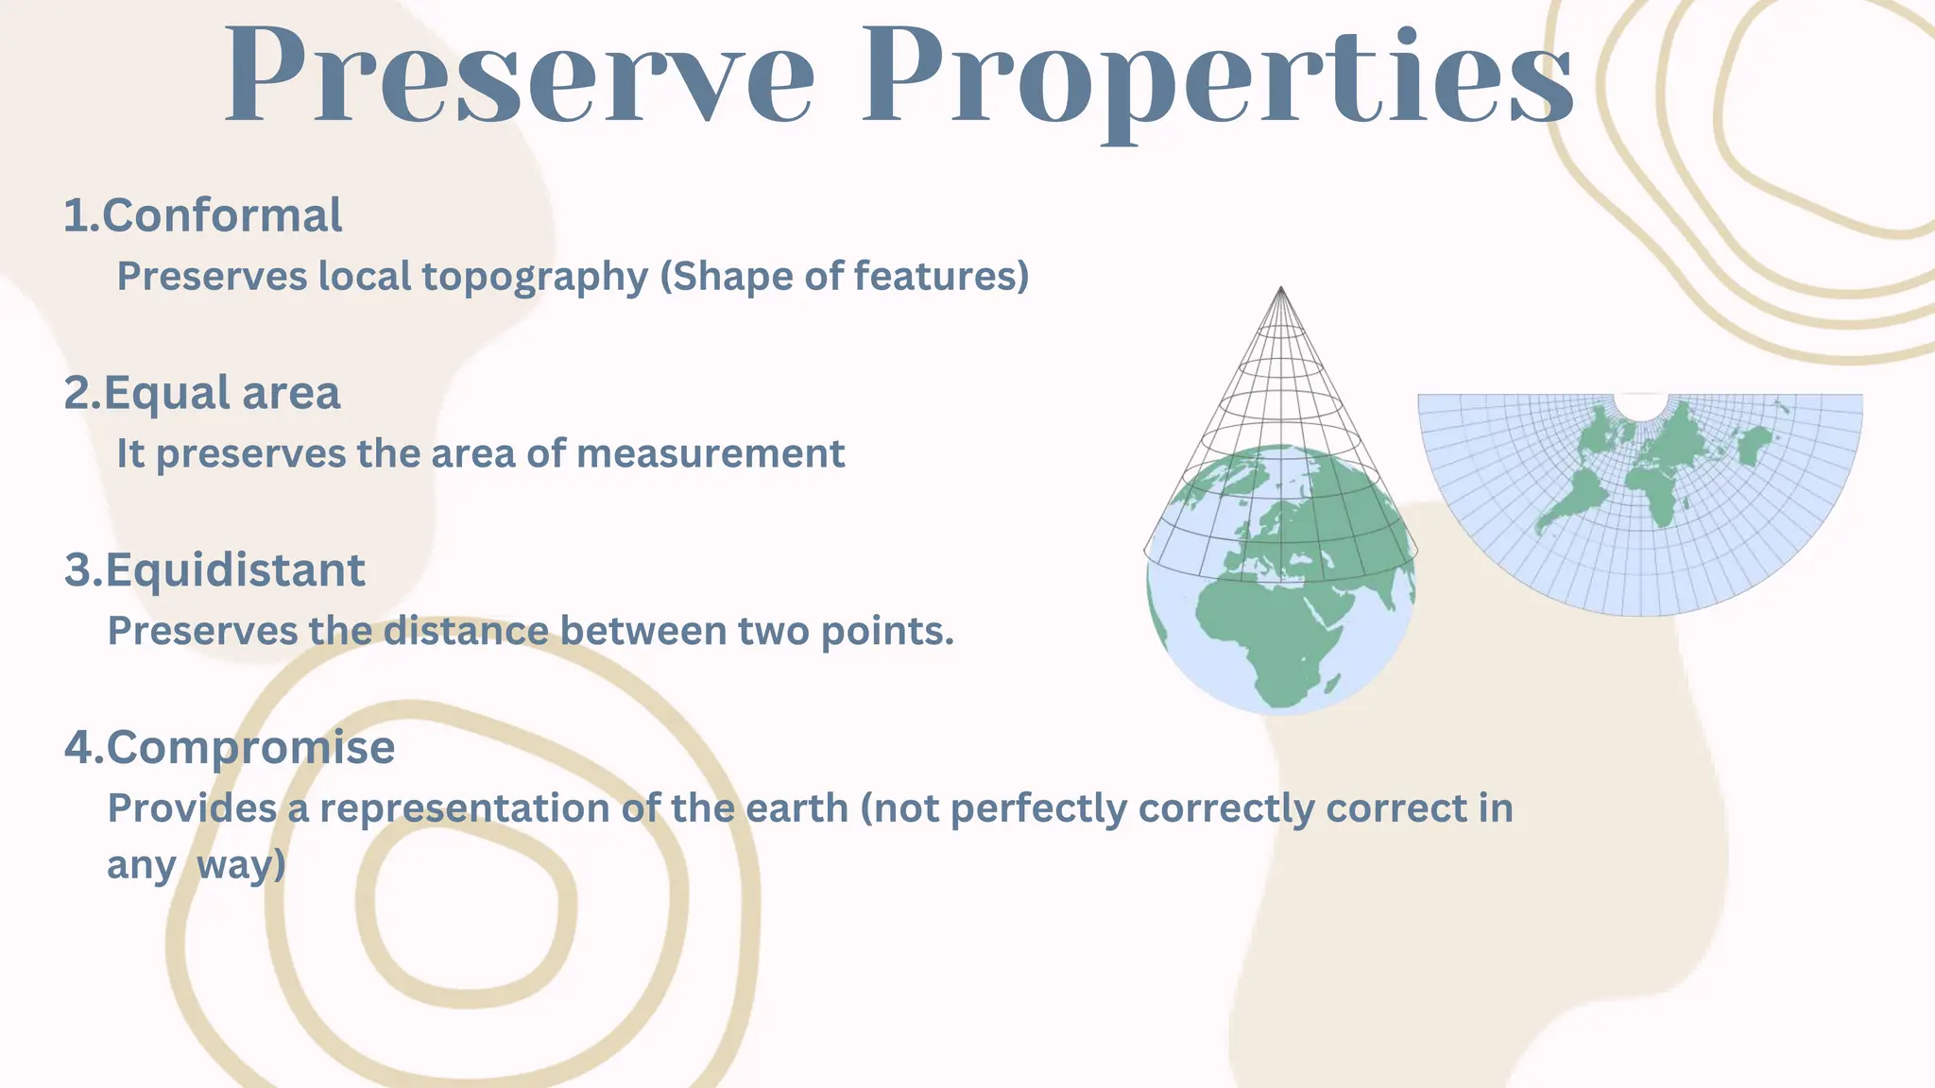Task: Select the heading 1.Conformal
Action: [x=203, y=216]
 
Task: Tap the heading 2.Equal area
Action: [x=202, y=394]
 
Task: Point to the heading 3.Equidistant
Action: [x=214, y=571]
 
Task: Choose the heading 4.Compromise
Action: [x=230, y=748]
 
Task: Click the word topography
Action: [x=535, y=278]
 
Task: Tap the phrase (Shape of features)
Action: [x=844, y=277]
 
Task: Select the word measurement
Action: [x=711, y=454]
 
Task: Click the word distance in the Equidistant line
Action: [x=466, y=632]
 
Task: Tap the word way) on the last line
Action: [x=241, y=865]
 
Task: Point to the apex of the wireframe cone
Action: [x=1280, y=289]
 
